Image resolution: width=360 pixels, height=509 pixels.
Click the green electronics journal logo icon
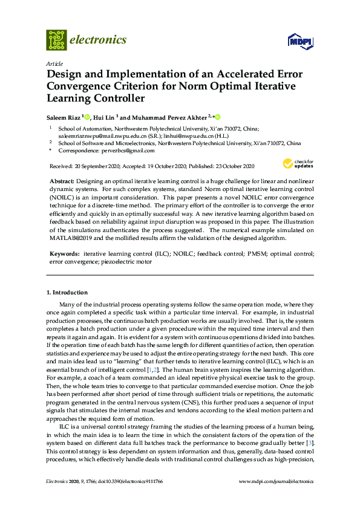point(56,40)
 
